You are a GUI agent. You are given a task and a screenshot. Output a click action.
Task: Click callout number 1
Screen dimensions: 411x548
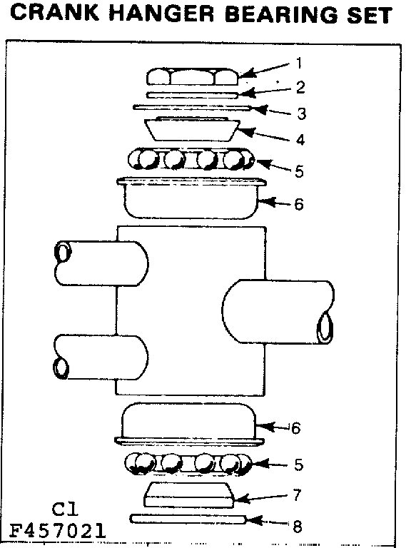298,64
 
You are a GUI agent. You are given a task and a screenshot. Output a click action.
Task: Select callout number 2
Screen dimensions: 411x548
300,87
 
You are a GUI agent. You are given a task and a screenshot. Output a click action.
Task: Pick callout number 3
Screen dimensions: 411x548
301,113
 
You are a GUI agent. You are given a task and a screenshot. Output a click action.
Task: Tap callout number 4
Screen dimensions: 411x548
300,139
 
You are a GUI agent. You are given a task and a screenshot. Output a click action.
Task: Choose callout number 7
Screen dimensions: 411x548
297,495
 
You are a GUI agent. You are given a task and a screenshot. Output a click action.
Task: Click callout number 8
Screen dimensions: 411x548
297,526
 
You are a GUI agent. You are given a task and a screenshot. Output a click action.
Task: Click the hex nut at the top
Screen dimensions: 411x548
192,76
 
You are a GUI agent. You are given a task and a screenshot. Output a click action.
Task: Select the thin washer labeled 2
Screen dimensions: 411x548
192,95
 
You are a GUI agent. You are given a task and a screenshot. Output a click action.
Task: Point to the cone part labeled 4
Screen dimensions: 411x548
192,129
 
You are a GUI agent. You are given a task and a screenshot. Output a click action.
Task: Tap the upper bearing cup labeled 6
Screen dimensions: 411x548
191,198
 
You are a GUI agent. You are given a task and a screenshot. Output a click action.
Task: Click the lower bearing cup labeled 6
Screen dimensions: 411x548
189,424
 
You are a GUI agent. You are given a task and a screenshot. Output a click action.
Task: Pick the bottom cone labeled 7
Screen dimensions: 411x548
188,495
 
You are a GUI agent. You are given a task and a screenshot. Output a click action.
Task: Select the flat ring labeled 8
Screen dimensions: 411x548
188,519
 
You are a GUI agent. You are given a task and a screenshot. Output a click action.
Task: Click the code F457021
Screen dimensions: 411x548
57,531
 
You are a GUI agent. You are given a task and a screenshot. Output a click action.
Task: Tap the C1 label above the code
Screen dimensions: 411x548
65,509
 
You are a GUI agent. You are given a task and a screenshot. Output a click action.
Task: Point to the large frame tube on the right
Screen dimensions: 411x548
278,311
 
